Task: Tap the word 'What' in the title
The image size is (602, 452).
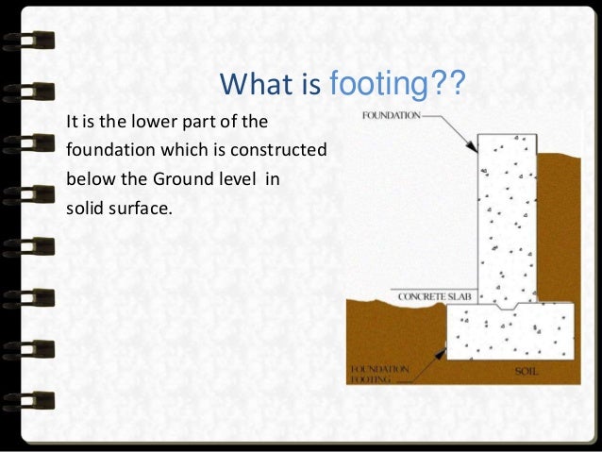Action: click(x=250, y=90)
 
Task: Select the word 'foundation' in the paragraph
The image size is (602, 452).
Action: click(x=105, y=150)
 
